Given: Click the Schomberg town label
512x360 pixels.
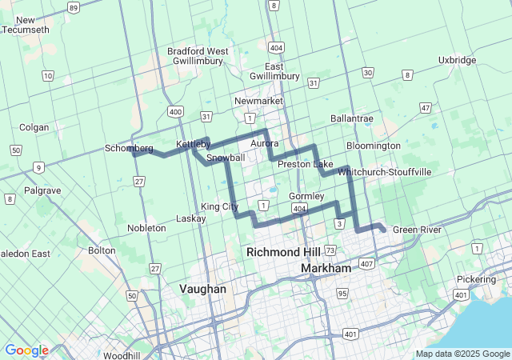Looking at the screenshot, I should (x=129, y=148).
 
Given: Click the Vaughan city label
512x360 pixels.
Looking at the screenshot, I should (x=202, y=289).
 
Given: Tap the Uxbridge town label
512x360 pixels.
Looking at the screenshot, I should (x=458, y=60).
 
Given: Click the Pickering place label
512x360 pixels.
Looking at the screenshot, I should (x=476, y=279).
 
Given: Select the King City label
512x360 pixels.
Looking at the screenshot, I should (x=220, y=206).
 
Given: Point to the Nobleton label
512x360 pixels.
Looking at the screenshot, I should (x=146, y=228).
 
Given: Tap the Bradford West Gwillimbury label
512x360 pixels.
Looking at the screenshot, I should (x=198, y=56).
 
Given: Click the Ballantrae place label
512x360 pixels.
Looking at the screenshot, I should (x=351, y=118).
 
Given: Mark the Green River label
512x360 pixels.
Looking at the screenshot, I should (x=417, y=230).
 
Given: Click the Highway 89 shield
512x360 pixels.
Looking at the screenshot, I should (x=74, y=7).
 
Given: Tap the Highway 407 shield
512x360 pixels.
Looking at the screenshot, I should (x=367, y=263).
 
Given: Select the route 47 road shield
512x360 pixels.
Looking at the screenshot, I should (x=426, y=107).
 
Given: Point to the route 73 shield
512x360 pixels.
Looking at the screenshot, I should (x=330, y=251).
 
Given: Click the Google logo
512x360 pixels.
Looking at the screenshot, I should (x=26, y=350).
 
